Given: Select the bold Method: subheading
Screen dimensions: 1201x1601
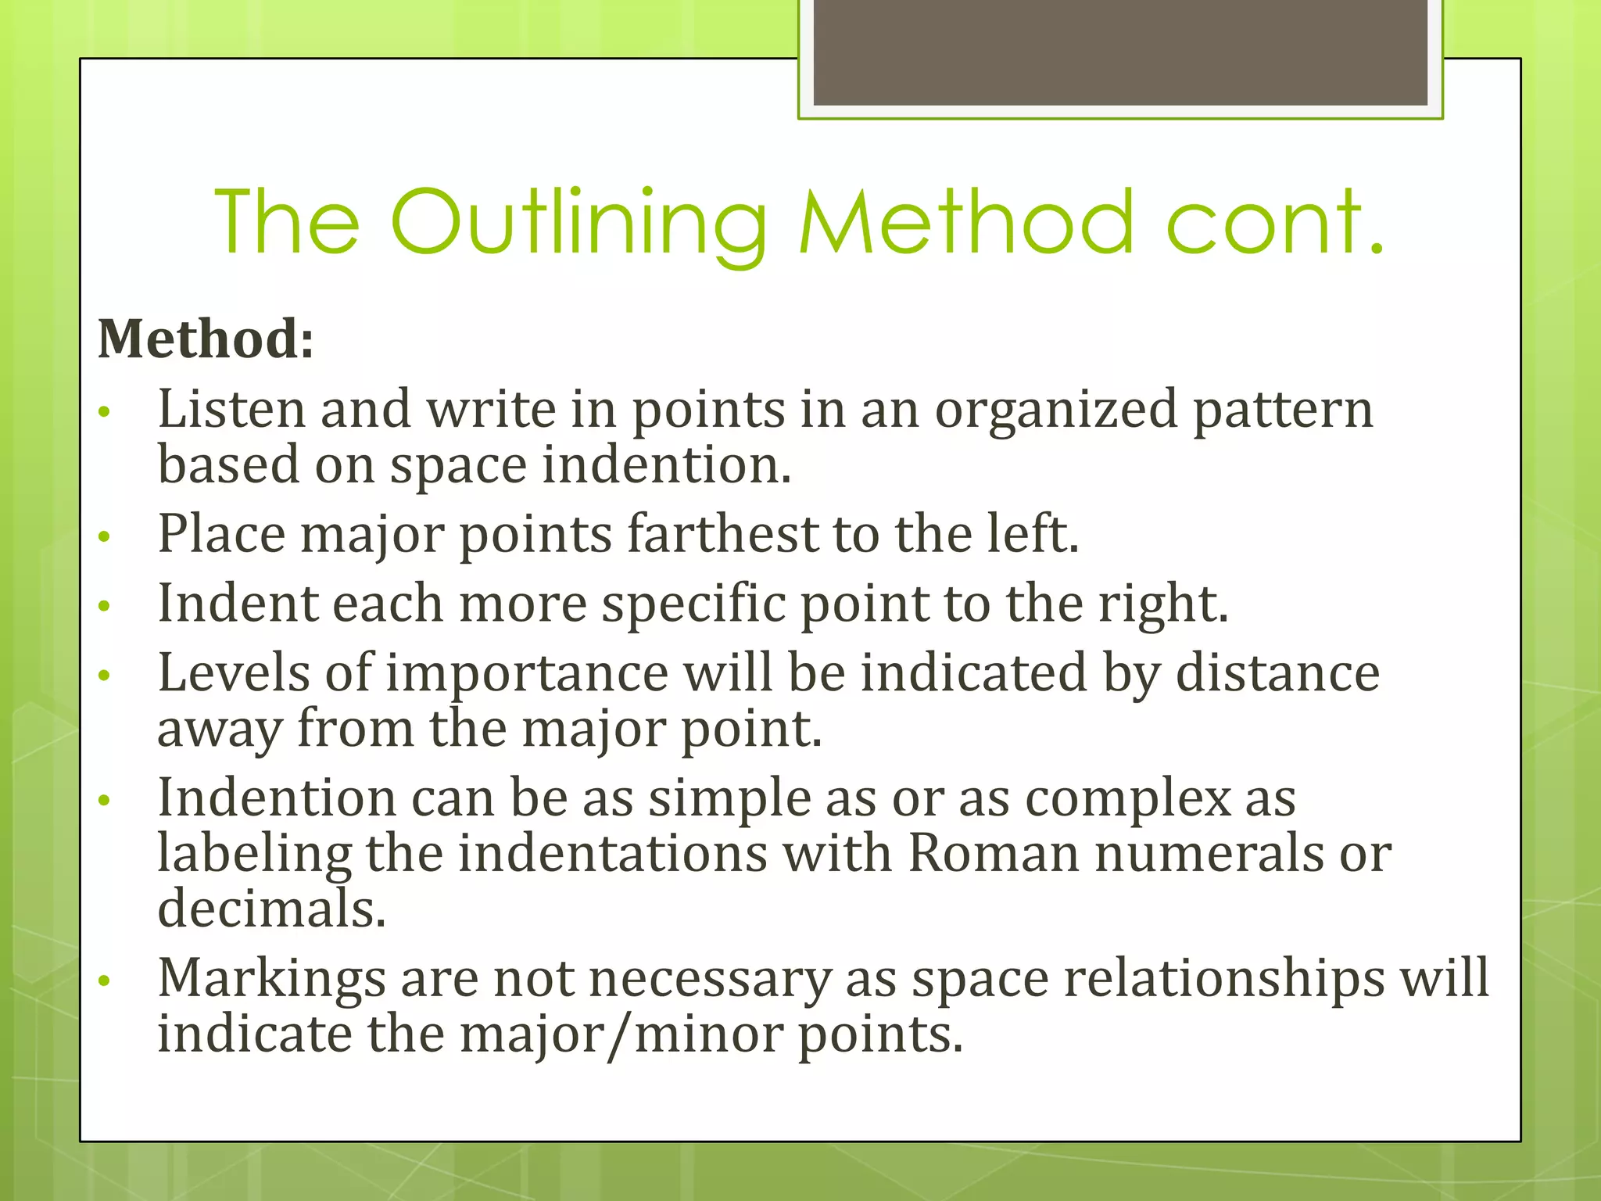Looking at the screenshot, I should point(206,339).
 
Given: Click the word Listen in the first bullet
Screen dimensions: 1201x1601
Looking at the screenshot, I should point(231,409).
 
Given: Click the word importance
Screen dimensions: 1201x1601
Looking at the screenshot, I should point(526,674).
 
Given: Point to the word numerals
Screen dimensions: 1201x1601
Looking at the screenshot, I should point(1209,853).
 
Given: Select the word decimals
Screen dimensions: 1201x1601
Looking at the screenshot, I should point(271,909).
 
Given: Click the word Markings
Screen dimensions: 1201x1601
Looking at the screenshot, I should point(271,979).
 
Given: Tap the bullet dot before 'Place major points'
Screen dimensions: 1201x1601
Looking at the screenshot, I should point(105,536).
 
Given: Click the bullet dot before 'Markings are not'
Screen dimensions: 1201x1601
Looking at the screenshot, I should point(105,981).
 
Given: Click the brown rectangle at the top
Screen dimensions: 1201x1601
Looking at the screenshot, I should point(1120,52).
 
